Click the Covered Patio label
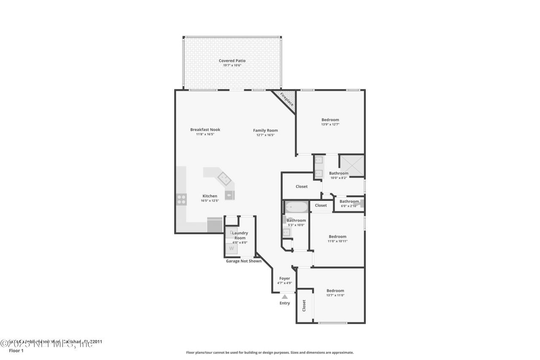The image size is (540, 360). pyautogui.click(x=232, y=61)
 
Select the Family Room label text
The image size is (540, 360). pyautogui.click(x=265, y=130)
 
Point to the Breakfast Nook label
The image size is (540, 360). pyautogui.click(x=205, y=130)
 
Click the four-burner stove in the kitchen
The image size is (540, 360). pyautogui.click(x=181, y=199)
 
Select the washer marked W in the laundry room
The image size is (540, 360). pyautogui.click(x=231, y=249)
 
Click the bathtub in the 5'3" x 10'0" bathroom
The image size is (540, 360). pyautogui.click(x=297, y=207)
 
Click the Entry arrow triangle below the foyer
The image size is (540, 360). pyautogui.click(x=285, y=297)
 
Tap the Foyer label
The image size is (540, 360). pyautogui.click(x=285, y=279)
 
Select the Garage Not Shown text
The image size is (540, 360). pyautogui.click(x=244, y=261)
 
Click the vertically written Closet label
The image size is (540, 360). pyautogui.click(x=304, y=306)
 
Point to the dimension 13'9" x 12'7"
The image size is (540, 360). pyautogui.click(x=330, y=125)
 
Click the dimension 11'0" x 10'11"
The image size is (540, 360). pyautogui.click(x=337, y=241)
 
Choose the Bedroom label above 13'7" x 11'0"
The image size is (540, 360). pyautogui.click(x=335, y=290)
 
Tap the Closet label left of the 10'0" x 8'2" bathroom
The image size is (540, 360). pyautogui.click(x=302, y=186)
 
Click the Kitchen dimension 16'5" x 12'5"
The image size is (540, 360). pyautogui.click(x=210, y=201)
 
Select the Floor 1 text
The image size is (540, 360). pyautogui.click(x=16, y=350)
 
